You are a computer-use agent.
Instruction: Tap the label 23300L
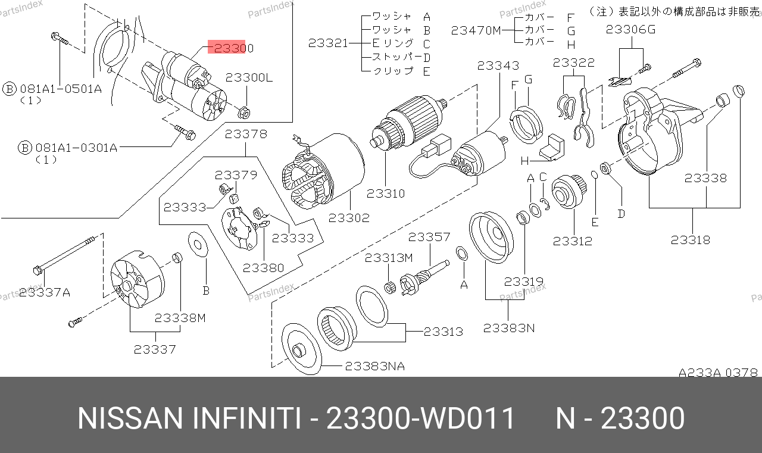pyautogui.click(x=249, y=77)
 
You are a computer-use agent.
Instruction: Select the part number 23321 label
pyautogui.click(x=328, y=43)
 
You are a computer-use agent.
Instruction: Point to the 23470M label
pyautogui.click(x=476, y=30)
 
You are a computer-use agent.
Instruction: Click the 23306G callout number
pyautogui.click(x=630, y=30)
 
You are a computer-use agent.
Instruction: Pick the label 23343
pyautogui.click(x=498, y=65)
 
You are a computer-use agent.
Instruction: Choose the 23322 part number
pyautogui.click(x=574, y=63)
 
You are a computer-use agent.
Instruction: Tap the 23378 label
pyautogui.click(x=246, y=134)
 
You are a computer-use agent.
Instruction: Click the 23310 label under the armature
pyautogui.click(x=386, y=193)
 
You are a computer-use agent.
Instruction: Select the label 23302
pyautogui.click(x=349, y=218)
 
